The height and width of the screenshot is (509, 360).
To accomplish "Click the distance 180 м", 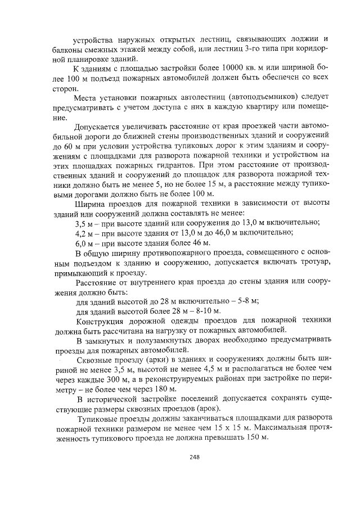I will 165,389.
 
